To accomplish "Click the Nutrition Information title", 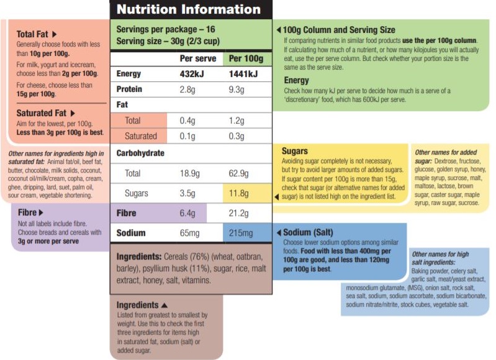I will click(x=189, y=9).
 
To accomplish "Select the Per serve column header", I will click(x=198, y=59).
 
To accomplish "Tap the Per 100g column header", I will click(x=246, y=59).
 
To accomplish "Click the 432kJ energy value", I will click(x=193, y=74).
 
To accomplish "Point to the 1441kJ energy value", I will click(x=243, y=74).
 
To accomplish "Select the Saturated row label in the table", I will click(x=141, y=136).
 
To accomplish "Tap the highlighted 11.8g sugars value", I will click(x=240, y=193).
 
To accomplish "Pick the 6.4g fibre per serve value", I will click(x=187, y=214).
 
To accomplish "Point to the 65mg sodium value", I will click(x=190, y=233).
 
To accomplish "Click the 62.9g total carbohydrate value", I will click(x=240, y=173).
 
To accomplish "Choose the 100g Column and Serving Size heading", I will click(x=338, y=30).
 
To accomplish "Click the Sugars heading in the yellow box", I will click(x=295, y=151).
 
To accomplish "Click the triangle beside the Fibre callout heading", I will click(x=41, y=212).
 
